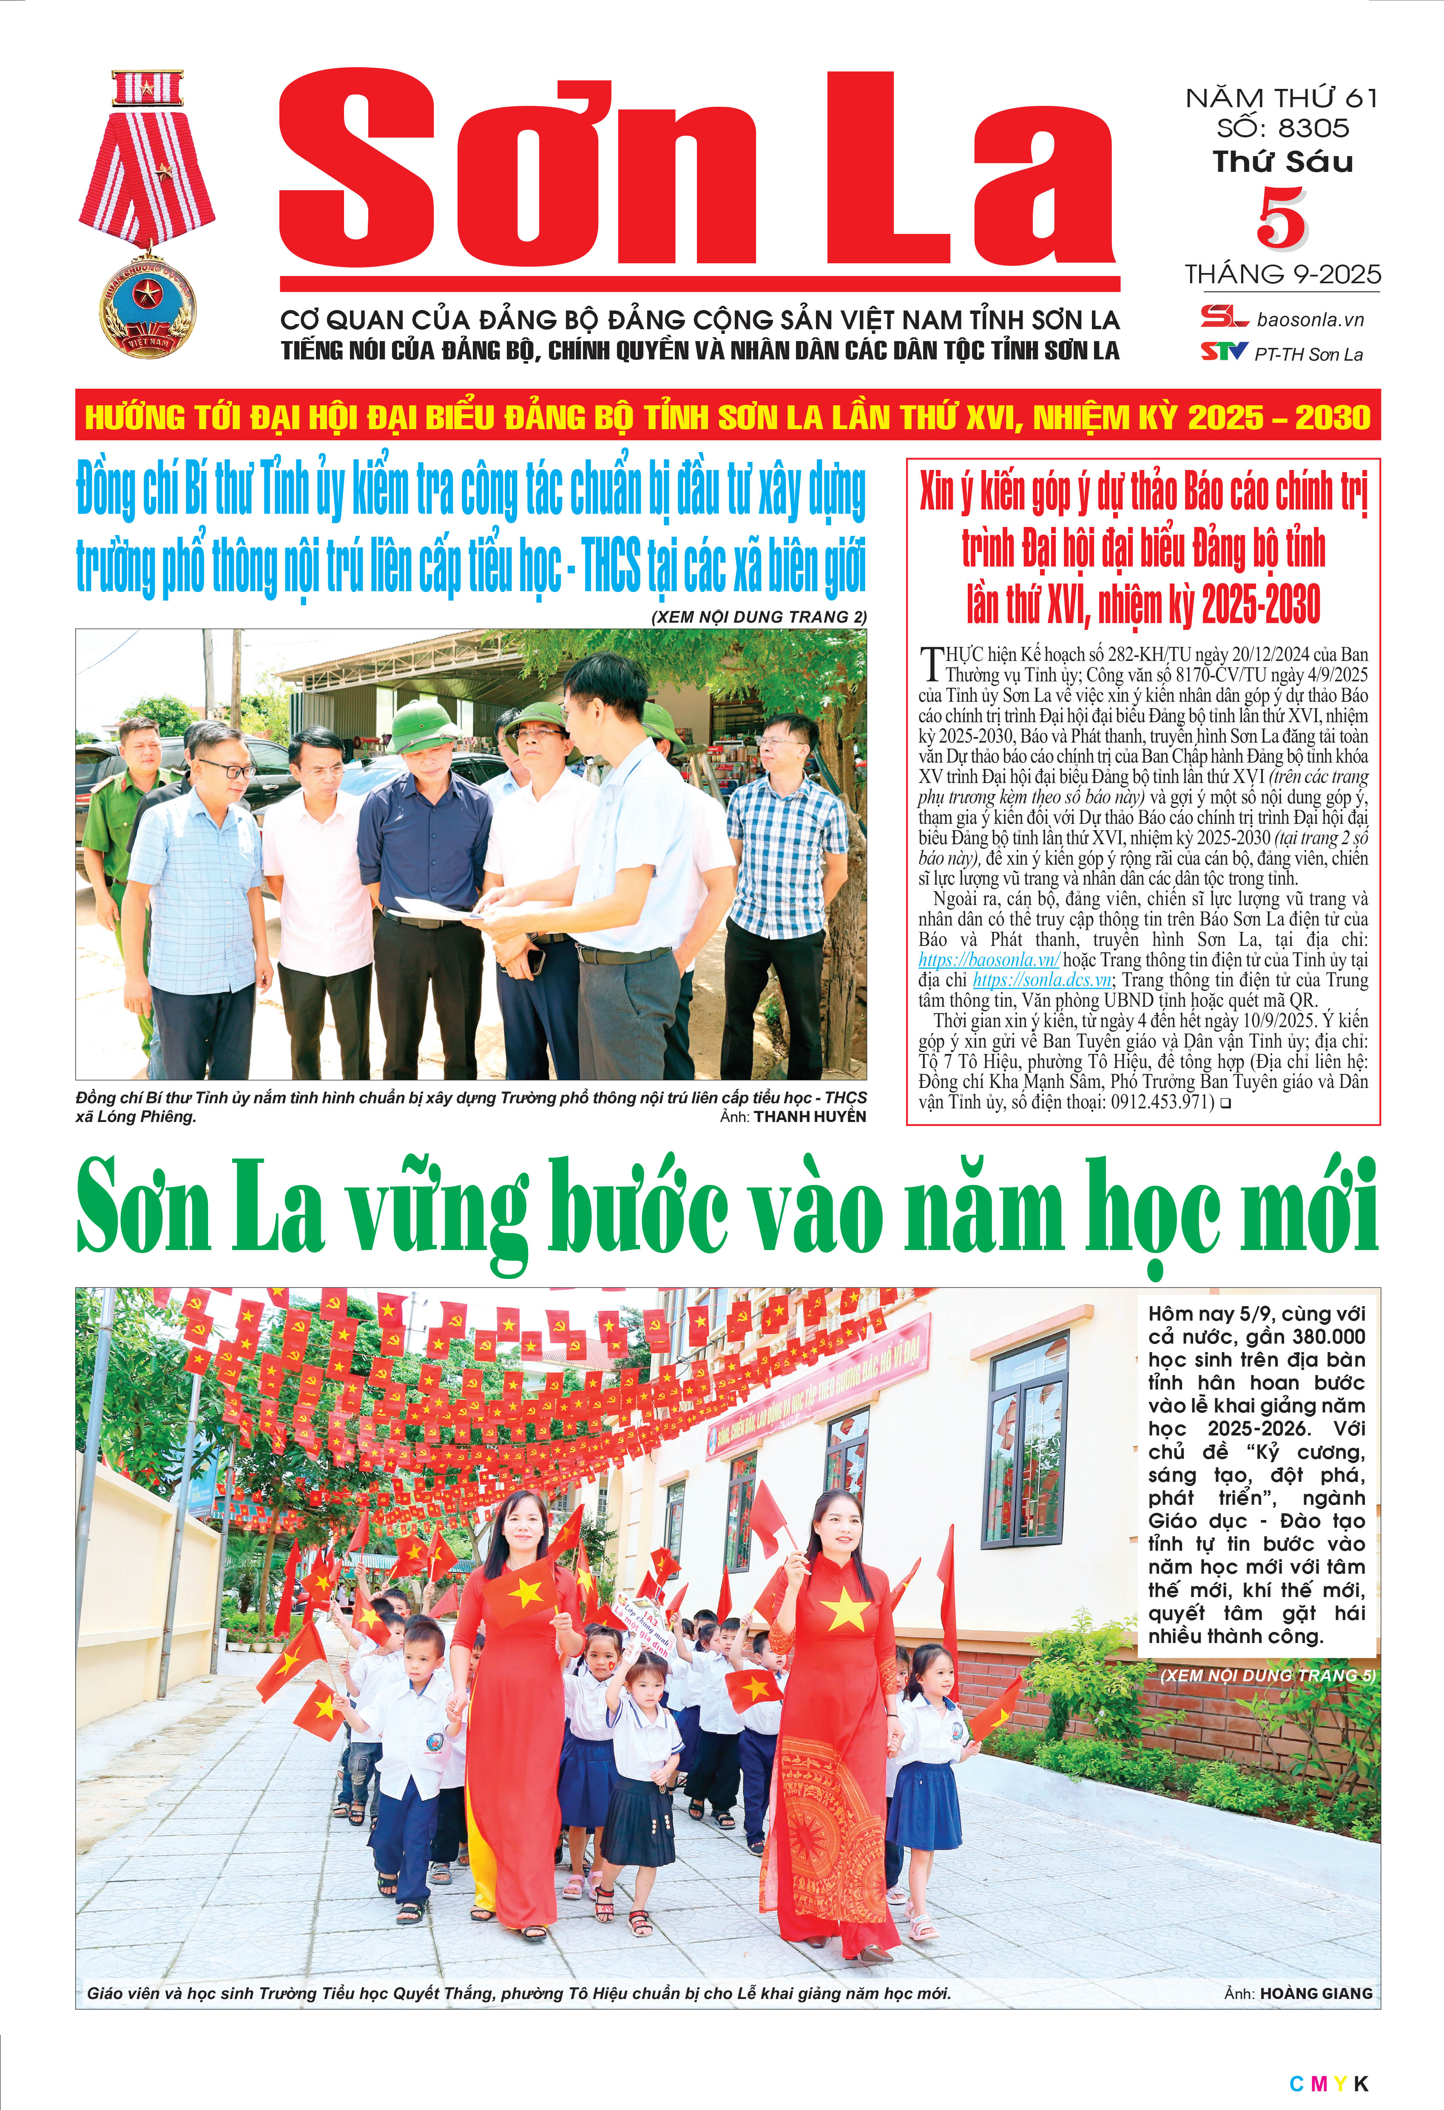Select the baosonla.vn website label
point(1310,319)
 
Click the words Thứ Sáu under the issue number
point(1282,162)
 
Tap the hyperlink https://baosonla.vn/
point(988,960)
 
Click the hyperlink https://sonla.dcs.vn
point(1042,980)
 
